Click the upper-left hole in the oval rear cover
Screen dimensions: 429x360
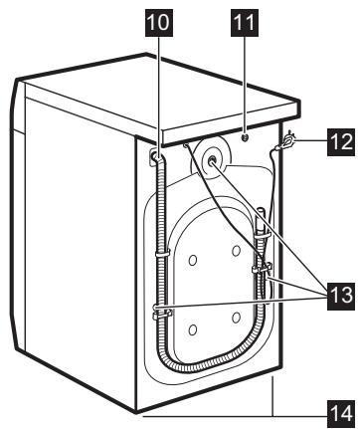192,260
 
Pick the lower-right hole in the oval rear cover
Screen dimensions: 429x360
236,317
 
